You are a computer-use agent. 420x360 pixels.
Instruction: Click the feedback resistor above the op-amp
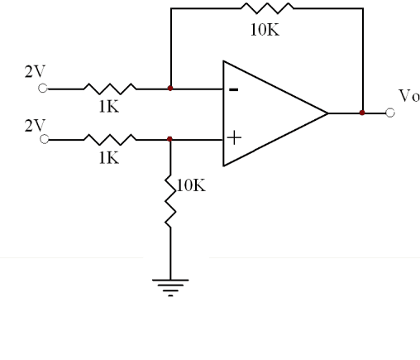[267, 8]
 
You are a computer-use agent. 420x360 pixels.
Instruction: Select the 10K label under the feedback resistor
[265, 30]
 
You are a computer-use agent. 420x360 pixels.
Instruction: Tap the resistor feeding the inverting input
[110, 89]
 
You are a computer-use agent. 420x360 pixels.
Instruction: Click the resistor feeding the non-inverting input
[110, 140]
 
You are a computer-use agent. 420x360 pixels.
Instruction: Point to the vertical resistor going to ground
[170, 201]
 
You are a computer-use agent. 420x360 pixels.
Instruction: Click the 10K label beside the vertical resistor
[191, 185]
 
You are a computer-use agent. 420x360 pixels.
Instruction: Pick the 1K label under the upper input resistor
[109, 106]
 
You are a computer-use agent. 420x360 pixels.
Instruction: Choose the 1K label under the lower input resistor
[109, 158]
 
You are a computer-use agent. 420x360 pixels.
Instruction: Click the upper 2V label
[35, 71]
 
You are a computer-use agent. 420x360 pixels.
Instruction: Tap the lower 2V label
[35, 126]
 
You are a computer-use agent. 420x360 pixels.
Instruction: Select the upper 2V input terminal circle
[43, 89]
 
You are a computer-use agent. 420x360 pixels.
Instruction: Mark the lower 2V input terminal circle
[44, 139]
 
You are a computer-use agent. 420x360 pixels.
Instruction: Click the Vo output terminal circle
[390, 113]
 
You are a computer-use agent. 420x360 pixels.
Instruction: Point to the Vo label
[409, 96]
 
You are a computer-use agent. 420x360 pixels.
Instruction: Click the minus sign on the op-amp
[234, 89]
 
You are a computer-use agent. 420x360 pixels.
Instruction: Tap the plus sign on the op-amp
[234, 137]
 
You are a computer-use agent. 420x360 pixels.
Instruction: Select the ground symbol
[170, 288]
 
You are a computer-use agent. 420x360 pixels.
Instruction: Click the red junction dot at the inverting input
[170, 89]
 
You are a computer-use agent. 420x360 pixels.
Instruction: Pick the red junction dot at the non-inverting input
[169, 139]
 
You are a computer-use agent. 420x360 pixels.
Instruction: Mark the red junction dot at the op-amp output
[362, 113]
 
